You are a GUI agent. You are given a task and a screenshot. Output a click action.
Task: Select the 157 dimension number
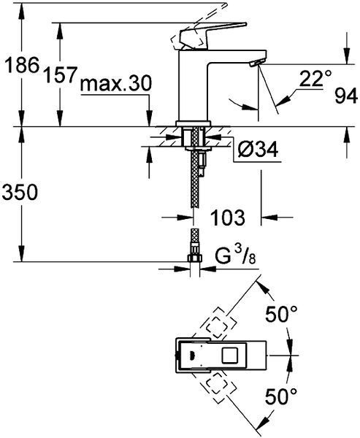61,75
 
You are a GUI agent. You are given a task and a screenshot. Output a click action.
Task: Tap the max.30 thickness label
116,83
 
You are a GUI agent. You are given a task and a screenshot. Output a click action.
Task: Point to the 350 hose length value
20,192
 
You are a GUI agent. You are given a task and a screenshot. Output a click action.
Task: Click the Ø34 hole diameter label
258,150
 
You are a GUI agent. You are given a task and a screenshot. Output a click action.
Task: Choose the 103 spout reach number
228,217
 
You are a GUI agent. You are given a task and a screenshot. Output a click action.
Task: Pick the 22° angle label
315,79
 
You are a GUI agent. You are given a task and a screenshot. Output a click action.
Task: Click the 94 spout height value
346,96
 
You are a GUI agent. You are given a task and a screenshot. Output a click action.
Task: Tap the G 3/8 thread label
235,256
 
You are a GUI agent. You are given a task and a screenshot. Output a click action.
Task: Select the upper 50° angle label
281,314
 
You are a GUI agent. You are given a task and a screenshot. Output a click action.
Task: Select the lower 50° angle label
281,396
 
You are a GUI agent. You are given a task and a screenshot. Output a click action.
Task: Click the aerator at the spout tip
256,63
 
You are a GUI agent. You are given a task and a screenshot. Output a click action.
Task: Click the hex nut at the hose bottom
195,258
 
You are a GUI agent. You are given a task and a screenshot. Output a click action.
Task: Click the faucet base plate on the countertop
193,123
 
